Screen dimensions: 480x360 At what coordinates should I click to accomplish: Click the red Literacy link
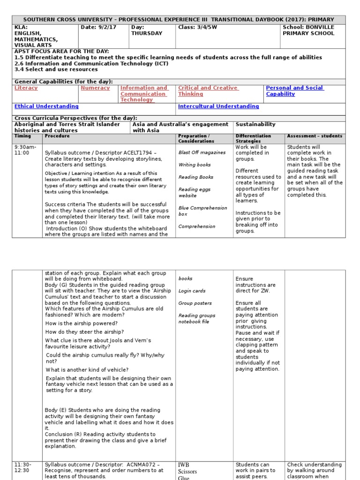[x=26, y=88]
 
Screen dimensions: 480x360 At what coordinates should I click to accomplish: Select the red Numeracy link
[x=95, y=88]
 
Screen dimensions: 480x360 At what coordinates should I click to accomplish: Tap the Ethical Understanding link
[x=46, y=107]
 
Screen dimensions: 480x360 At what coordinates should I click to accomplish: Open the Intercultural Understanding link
[x=218, y=107]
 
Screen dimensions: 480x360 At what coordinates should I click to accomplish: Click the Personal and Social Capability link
[x=294, y=91]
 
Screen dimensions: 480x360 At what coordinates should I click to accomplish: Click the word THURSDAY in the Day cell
[x=146, y=34]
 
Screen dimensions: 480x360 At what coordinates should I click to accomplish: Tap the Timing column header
[x=23, y=136]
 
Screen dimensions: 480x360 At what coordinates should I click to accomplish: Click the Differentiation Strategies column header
[x=253, y=139]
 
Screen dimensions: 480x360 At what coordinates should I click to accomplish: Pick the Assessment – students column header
[x=315, y=136]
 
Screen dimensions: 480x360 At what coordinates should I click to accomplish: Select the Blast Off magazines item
[x=202, y=153]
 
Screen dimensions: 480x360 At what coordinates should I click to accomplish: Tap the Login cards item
[x=192, y=291]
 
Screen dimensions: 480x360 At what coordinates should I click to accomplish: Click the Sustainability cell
[x=255, y=125]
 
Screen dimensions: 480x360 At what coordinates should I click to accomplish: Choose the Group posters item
[x=195, y=303]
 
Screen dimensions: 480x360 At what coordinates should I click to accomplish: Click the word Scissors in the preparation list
[x=187, y=472]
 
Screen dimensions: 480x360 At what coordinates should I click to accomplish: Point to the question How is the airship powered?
[x=82, y=324]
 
